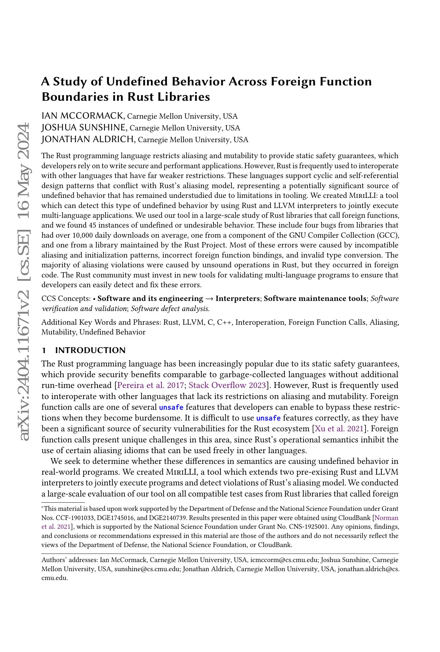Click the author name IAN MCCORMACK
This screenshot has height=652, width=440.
[x=83, y=116]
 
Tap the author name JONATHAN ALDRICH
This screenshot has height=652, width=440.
[x=88, y=140]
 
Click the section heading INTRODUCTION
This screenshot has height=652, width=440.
[x=90, y=350]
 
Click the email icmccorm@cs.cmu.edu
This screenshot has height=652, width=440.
[x=284, y=560]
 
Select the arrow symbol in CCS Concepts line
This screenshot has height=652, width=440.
[x=209, y=299]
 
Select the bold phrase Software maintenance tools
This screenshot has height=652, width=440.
[x=315, y=299]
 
